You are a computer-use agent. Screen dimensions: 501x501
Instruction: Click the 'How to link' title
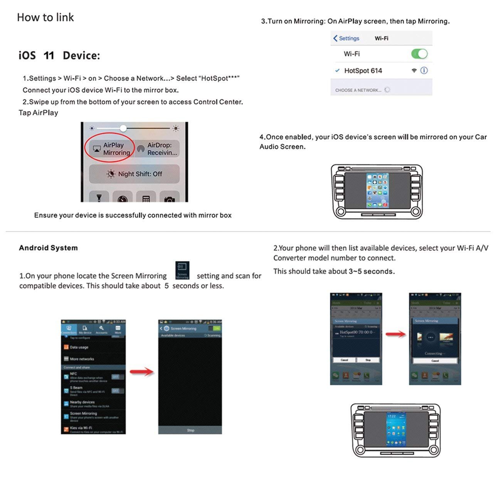(45, 17)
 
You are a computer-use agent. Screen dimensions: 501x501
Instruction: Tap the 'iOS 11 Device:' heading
(59, 55)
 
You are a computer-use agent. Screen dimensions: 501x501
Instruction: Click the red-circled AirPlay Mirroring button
(110, 149)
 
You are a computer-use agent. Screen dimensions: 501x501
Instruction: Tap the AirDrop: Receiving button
(158, 149)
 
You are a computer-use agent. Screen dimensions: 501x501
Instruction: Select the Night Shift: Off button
(134, 174)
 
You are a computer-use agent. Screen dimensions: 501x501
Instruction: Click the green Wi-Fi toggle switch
(419, 54)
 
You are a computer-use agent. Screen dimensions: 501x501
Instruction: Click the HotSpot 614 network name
(363, 71)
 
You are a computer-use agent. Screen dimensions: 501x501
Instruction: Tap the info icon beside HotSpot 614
(424, 71)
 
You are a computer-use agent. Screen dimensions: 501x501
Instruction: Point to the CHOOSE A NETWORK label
(358, 90)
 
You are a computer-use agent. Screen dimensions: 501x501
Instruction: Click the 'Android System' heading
(48, 248)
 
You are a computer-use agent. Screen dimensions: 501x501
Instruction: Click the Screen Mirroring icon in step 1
(182, 270)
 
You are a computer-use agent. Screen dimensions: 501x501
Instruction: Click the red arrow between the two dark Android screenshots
(141, 372)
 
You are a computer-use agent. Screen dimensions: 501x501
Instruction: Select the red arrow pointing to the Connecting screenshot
(395, 334)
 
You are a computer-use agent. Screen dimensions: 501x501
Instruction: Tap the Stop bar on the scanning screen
(190, 430)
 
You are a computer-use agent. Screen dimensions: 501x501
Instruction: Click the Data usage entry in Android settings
(79, 347)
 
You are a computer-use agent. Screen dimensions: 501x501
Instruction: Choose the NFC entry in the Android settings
(73, 374)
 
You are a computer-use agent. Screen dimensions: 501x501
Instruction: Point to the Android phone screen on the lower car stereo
(396, 429)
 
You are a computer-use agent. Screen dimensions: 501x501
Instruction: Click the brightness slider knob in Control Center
(123, 128)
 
